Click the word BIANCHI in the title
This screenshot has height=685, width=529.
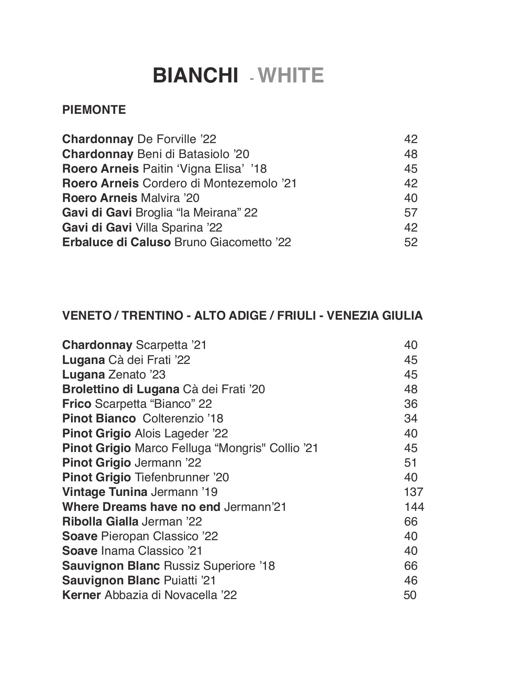click(195, 76)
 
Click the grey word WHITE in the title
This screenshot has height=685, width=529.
click(291, 76)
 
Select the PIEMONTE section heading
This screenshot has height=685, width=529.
click(94, 110)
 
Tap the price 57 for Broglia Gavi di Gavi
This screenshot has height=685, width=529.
click(411, 213)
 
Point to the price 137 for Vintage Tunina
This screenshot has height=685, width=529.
click(413, 492)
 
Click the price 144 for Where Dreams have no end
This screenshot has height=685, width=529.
click(414, 507)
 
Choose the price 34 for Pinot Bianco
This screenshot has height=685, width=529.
click(411, 418)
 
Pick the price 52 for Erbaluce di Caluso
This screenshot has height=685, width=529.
click(411, 242)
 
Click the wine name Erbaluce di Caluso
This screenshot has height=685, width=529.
click(116, 242)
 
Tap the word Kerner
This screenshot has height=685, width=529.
click(81, 595)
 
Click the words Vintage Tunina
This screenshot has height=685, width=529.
click(104, 492)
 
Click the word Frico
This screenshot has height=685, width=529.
click(77, 404)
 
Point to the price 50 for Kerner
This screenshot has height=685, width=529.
click(410, 595)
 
